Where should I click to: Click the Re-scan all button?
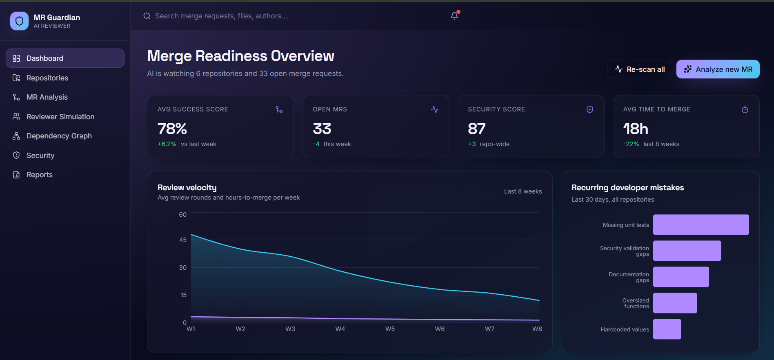click(639, 69)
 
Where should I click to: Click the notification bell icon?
click(454, 16)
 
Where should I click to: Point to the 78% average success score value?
click(172, 129)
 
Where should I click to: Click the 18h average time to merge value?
click(636, 129)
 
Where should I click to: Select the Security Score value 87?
click(477, 129)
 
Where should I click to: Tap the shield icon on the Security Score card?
click(590, 109)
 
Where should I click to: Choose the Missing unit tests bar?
click(701, 224)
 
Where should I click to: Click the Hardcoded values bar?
click(667, 329)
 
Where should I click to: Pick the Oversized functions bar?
click(675, 303)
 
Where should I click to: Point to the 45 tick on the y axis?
click(183, 240)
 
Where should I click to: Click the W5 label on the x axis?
click(390, 329)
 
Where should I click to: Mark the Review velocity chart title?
click(187, 188)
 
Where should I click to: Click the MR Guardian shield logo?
click(19, 21)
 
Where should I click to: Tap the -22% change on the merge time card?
click(631, 144)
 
